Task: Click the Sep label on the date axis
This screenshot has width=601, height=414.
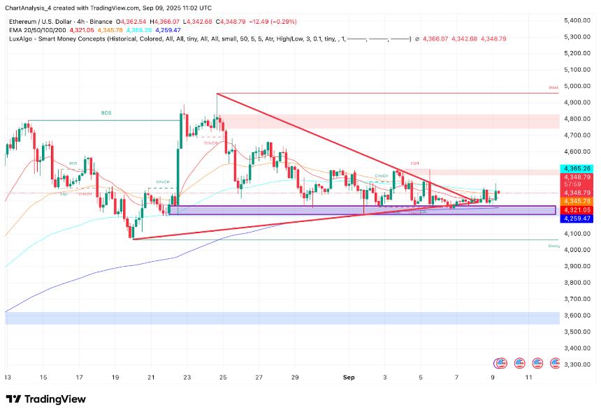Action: [x=349, y=377]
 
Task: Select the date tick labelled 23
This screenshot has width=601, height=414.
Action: [x=187, y=377]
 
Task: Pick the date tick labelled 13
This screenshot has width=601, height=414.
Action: [x=8, y=377]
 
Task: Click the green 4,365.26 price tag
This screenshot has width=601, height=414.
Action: [x=577, y=168]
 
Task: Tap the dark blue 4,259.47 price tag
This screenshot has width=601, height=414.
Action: [x=577, y=219]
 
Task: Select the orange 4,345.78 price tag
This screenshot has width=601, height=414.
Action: [x=577, y=201]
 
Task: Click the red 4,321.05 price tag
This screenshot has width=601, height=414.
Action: [x=577, y=209]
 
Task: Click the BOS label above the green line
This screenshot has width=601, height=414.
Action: [x=106, y=112]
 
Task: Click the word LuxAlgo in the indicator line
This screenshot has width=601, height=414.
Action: [x=20, y=38]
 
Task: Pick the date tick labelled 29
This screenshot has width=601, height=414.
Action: [x=295, y=377]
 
